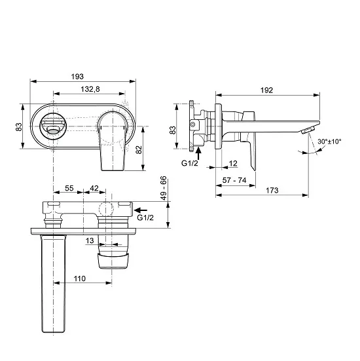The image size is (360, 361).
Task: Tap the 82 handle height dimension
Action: [x=138, y=149]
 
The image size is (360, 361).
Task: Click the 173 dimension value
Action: [x=272, y=190]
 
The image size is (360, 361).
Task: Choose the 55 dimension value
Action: [x=69, y=188]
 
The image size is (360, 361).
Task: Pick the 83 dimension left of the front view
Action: [x=20, y=126]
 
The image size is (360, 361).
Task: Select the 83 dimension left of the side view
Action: [x=173, y=130]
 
